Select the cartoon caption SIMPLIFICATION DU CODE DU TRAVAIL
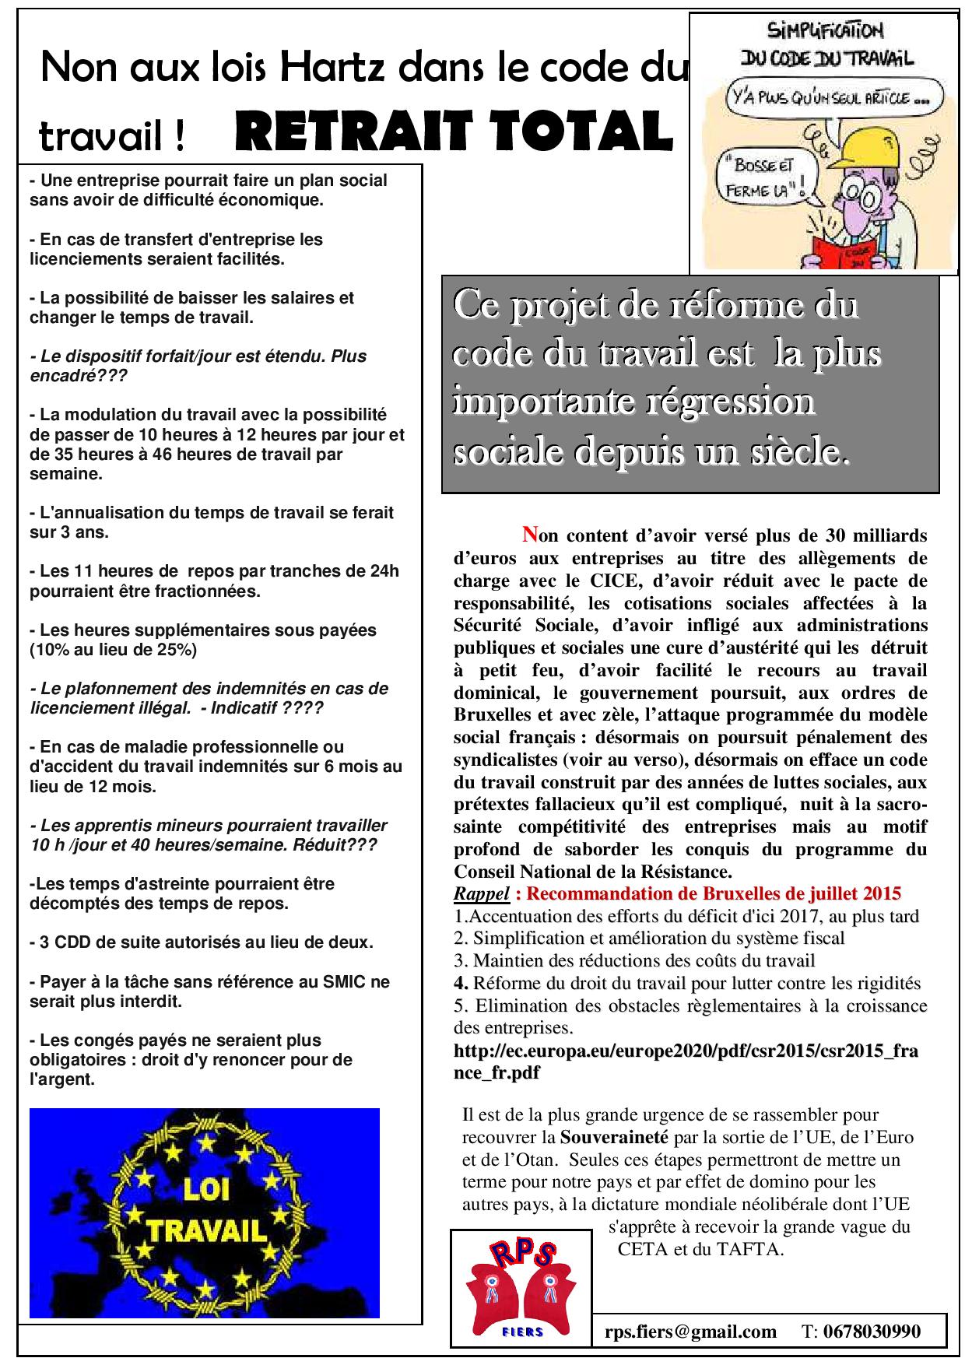point(825,44)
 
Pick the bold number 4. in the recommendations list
point(460,983)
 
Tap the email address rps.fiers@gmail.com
point(690,1332)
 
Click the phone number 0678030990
point(872,1332)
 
